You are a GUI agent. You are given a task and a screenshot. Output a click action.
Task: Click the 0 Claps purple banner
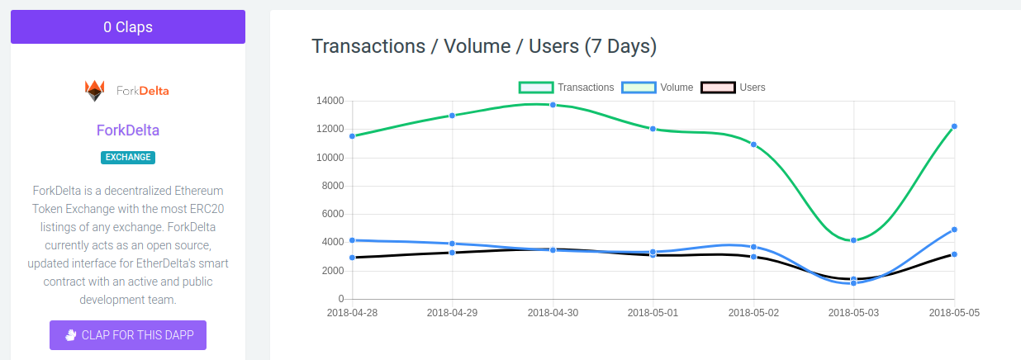128,26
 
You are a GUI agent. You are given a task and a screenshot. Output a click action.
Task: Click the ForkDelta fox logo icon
95,90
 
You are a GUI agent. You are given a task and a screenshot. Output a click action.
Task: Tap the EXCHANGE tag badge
128,157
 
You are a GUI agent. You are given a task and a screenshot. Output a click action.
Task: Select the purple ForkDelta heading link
128,130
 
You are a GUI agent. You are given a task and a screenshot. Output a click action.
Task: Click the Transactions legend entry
567,88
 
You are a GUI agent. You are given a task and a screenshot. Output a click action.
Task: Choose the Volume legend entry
658,88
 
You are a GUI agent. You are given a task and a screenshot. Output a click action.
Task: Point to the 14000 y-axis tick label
330,101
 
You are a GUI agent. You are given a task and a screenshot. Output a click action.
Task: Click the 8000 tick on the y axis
332,186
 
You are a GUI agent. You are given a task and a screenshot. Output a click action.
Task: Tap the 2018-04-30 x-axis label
553,312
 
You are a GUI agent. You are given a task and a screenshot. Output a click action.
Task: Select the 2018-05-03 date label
854,312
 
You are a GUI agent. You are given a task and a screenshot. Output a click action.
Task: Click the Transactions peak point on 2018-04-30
553,105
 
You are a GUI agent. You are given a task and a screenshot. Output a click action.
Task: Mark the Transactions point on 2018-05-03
854,240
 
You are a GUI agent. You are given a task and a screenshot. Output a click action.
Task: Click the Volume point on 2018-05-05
954,230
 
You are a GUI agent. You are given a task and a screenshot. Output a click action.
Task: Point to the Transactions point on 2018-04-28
352,136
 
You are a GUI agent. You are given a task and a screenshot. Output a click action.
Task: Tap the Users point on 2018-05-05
954,254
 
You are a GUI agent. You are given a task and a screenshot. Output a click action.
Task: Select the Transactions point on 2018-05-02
753,144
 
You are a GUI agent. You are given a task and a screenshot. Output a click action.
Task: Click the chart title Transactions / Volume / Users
484,46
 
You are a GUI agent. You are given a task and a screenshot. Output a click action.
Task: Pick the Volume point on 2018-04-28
352,240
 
